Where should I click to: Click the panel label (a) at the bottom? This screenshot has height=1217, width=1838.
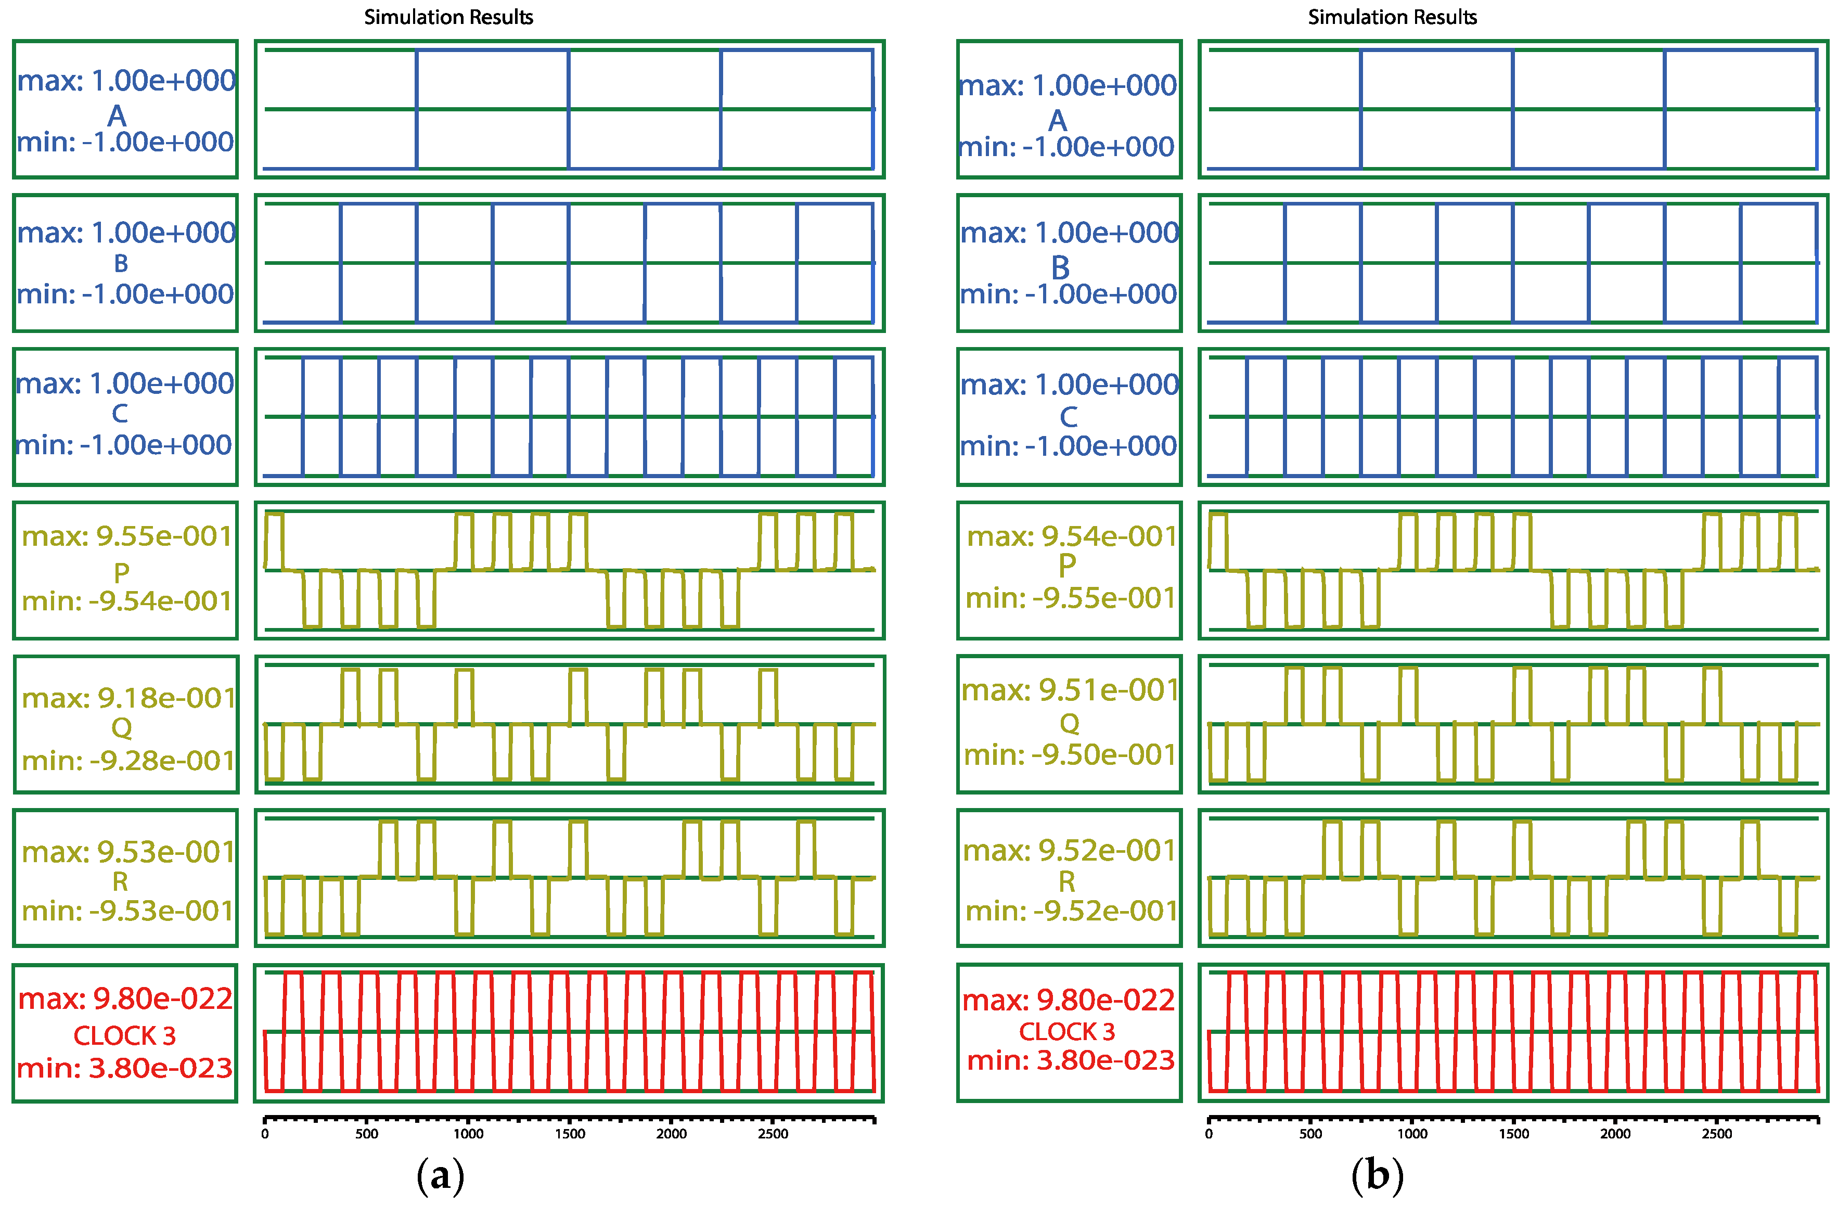point(440,1176)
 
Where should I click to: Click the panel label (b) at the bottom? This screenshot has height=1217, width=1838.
point(1377,1176)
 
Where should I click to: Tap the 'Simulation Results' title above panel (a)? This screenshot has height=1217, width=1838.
point(448,17)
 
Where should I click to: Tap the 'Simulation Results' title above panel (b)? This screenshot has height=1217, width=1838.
point(1392,17)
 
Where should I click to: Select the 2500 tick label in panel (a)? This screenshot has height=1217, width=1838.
point(773,1134)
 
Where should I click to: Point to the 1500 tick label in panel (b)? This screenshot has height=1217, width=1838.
point(1514,1134)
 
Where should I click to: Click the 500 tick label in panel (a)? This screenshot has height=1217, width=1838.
point(367,1134)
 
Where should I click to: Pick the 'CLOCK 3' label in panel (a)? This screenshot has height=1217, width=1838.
point(125,1035)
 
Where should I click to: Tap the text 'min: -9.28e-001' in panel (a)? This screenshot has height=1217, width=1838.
point(128,761)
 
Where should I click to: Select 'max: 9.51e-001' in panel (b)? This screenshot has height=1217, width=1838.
point(1070,689)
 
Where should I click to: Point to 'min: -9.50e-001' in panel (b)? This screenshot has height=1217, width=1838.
point(1070,754)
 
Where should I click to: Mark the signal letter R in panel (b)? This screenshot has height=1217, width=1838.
point(1067,882)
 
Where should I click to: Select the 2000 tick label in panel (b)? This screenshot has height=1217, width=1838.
point(1615,1134)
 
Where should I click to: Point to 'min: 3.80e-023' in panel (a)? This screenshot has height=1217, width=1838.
point(125,1068)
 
